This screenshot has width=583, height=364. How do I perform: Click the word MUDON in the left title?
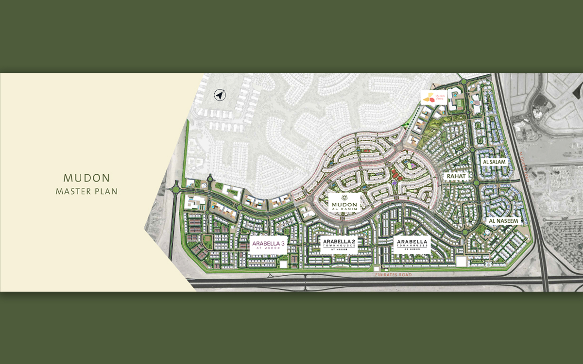[x=86, y=178]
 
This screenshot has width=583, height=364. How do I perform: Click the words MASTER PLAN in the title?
[x=86, y=191]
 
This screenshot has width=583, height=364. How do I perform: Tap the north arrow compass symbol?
[x=220, y=95]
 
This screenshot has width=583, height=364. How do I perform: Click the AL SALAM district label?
[x=495, y=162]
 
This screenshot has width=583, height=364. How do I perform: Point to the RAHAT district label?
[x=456, y=176]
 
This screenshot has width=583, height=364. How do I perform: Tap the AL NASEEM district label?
[x=504, y=221]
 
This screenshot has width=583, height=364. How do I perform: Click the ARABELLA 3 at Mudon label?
[x=269, y=245]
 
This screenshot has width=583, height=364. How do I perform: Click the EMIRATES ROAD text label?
[x=393, y=275]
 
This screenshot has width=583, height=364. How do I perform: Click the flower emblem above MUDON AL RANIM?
[x=344, y=197]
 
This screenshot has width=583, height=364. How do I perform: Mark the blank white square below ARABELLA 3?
[x=283, y=265]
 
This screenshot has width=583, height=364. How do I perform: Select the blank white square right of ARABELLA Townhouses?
[x=460, y=262]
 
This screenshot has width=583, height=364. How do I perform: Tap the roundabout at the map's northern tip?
[x=464, y=82]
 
